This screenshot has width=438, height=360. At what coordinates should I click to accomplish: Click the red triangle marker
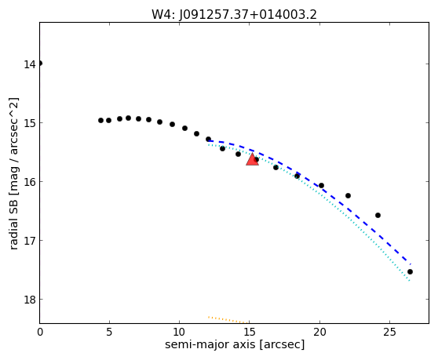point(252,159)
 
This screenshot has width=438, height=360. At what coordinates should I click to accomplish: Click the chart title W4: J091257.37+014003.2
point(234,14)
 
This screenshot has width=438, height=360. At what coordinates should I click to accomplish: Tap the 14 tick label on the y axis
point(30,64)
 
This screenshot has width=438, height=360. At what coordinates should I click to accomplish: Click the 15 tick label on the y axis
point(30,123)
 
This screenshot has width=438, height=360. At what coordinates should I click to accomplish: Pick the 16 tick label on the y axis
point(30,182)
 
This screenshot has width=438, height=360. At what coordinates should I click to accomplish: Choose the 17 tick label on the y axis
point(30,241)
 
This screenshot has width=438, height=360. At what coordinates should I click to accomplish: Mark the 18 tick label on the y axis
point(30,300)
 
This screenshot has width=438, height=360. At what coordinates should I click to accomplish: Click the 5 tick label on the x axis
point(109,332)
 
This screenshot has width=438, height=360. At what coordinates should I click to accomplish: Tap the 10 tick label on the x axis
point(179,332)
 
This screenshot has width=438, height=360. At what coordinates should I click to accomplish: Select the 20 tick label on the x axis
point(319,332)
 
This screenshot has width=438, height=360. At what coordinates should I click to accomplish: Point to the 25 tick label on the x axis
point(389,332)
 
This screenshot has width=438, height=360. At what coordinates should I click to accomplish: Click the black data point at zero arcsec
point(40,64)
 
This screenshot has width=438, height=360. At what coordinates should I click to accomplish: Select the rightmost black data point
point(410,272)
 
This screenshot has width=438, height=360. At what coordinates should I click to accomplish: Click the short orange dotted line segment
point(228,320)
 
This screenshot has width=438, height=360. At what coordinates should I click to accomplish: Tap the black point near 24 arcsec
point(378,215)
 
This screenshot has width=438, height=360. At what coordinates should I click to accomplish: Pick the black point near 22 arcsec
point(348,195)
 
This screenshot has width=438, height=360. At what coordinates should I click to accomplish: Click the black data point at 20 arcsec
point(321,185)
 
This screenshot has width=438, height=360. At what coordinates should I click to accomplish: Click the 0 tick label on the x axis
point(40,332)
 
